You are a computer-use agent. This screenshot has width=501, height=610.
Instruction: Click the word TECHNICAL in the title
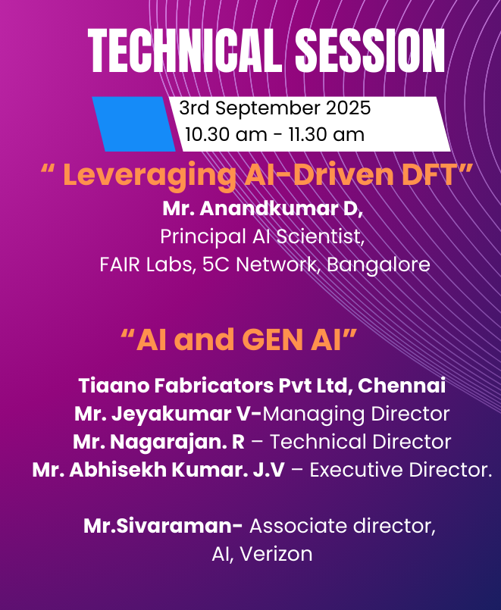(185, 51)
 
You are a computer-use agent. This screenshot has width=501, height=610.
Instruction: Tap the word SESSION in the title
(370, 51)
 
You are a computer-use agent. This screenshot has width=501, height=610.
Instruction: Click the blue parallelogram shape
(134, 124)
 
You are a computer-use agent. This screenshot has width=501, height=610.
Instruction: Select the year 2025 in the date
(348, 108)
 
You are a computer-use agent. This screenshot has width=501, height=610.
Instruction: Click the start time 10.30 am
(226, 135)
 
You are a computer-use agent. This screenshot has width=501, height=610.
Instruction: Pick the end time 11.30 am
(327, 135)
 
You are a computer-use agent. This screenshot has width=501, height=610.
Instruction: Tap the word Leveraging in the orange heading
(150, 176)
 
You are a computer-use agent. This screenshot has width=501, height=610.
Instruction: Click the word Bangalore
(378, 265)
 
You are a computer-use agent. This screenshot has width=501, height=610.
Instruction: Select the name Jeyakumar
(171, 414)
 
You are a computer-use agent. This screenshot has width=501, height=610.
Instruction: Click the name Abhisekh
(117, 470)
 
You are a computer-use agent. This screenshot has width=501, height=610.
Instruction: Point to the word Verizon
(276, 554)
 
